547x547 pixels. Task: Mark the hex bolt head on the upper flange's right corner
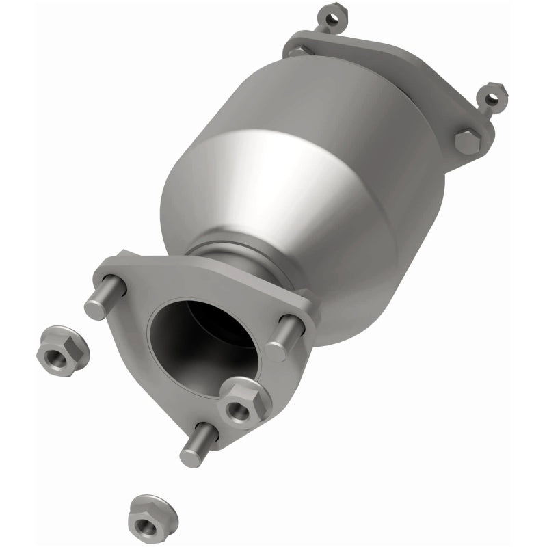tap(468, 141)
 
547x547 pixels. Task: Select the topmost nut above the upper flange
tap(330, 19)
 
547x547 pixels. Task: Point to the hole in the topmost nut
tap(331, 20)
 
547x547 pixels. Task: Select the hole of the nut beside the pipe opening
tap(238, 411)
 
